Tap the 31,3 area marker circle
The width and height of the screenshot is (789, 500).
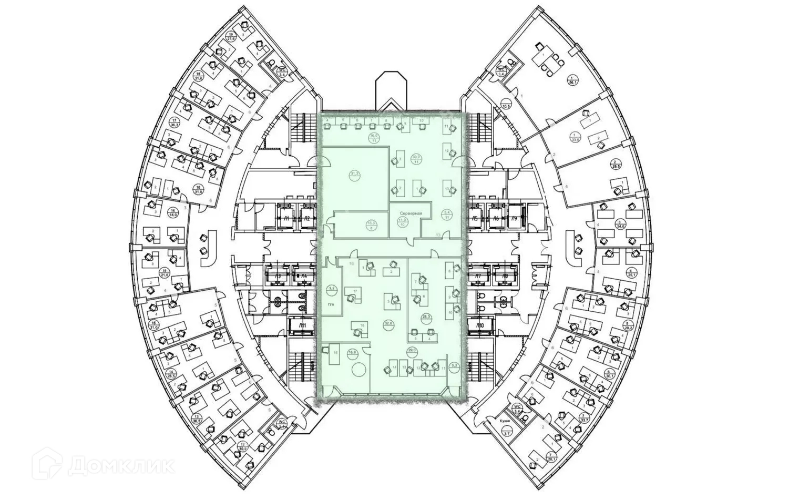354,175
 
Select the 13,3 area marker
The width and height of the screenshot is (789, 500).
371,225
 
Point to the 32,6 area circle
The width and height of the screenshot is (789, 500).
389,324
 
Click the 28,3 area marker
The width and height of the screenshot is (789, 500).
426,317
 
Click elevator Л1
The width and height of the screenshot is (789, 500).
286,218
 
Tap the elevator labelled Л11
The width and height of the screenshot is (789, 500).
302,327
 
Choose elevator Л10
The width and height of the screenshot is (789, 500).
479,327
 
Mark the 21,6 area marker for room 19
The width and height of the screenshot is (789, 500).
230,36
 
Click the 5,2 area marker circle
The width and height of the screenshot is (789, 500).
455,364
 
